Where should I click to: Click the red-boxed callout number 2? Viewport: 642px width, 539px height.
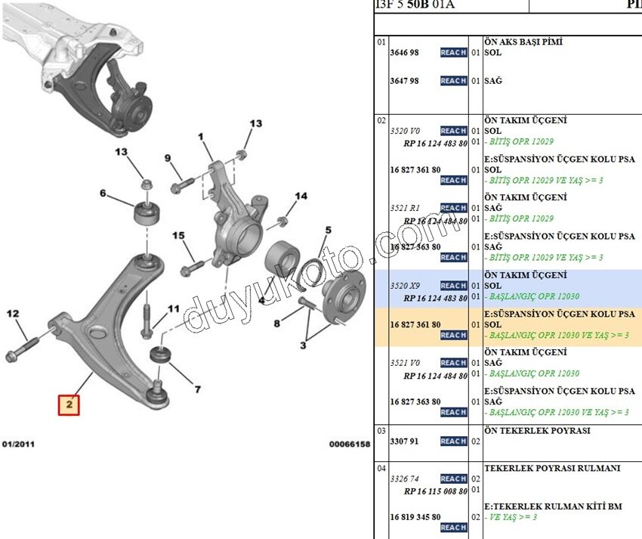point(69,405)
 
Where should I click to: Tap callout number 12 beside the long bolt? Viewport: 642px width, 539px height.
point(12,313)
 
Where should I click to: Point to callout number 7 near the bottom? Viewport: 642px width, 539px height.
point(197,390)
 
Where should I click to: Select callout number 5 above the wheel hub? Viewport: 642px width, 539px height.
point(329,230)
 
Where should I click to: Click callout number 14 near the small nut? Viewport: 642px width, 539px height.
point(301,197)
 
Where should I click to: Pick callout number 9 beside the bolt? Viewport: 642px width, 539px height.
point(168,158)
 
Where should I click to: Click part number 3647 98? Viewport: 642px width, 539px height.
point(404,81)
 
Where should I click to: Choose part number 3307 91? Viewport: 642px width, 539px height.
point(404,441)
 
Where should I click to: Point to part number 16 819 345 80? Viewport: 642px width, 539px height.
point(415,517)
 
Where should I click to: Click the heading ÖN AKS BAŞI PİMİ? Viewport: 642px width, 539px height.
point(523,42)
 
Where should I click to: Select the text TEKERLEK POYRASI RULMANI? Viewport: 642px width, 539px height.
point(552,469)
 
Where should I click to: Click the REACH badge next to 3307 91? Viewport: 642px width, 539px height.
point(453,441)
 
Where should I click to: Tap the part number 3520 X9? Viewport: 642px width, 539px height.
point(405,286)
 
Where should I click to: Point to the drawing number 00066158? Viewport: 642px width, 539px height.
point(350,445)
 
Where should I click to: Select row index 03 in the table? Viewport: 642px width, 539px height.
point(381,431)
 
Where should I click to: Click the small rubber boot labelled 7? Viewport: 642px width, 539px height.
point(161,354)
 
